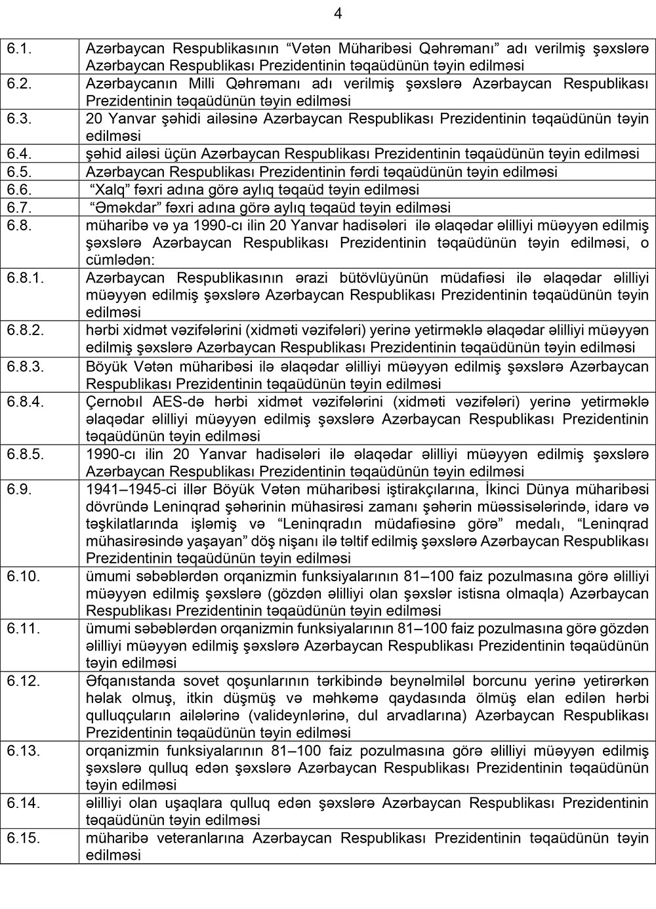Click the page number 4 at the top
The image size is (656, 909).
coord(338,13)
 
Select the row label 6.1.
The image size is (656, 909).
coord(19,49)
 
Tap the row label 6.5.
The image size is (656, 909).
coord(19,172)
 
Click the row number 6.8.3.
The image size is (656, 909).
coord(26,366)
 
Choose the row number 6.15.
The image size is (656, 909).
coord(24,838)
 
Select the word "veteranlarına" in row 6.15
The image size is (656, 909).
coord(203,838)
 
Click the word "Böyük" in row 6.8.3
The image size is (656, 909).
coord(105,366)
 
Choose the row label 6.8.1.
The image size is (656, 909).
coord(26,277)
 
